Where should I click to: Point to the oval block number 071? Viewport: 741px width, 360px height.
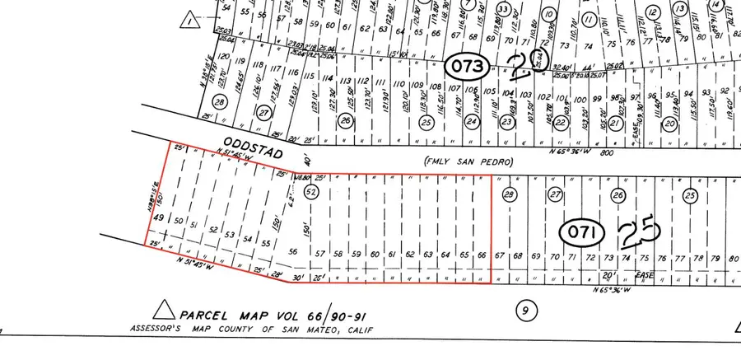[x=584, y=231]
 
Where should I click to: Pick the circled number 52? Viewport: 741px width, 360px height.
[x=311, y=192]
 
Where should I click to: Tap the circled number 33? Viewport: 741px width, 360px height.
[x=501, y=8]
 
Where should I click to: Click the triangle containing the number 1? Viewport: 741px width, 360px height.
[x=193, y=18]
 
